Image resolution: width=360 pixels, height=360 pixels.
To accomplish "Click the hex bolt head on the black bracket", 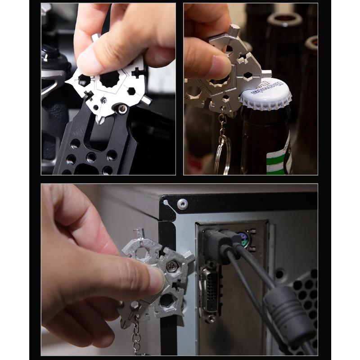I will click(122, 108).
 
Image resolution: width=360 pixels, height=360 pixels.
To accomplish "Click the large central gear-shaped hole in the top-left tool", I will click(109, 81).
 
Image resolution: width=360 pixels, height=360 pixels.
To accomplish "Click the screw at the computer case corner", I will click(182, 204).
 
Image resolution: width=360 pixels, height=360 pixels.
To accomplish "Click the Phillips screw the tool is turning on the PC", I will click(171, 266).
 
